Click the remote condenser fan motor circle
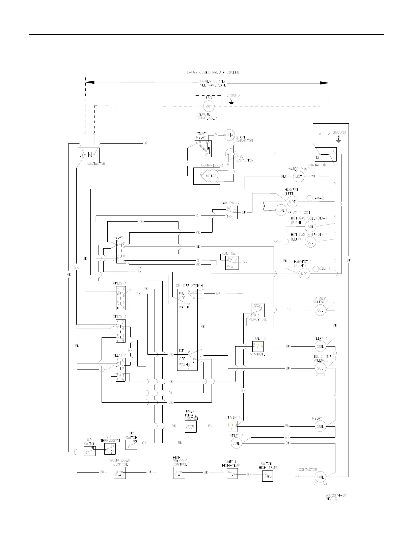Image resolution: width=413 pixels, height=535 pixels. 209,106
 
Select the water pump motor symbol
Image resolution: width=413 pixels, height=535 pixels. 298,176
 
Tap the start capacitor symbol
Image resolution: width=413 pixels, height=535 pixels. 229,135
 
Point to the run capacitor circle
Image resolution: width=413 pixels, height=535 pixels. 231,154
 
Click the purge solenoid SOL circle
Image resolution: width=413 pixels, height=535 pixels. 320,310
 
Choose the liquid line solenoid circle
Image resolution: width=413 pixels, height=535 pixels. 320,368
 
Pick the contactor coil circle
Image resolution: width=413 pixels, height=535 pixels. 320,477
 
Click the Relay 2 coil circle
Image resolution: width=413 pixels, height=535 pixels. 236,443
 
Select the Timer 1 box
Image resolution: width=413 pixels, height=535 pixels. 232,426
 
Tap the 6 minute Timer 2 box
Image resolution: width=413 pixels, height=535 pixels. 258,346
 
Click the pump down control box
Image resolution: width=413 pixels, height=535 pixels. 120,473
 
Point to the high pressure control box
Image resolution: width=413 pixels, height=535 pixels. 179,473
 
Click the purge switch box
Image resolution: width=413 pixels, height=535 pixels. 257,310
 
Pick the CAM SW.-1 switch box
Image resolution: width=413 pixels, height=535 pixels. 232,263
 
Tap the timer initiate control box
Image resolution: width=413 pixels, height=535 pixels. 191,426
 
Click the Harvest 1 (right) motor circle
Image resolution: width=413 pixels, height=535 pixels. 304,274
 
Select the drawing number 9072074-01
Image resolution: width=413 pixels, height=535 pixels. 336,495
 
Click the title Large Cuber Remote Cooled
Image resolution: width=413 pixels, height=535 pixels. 213,73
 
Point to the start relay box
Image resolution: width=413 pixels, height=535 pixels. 203,149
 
